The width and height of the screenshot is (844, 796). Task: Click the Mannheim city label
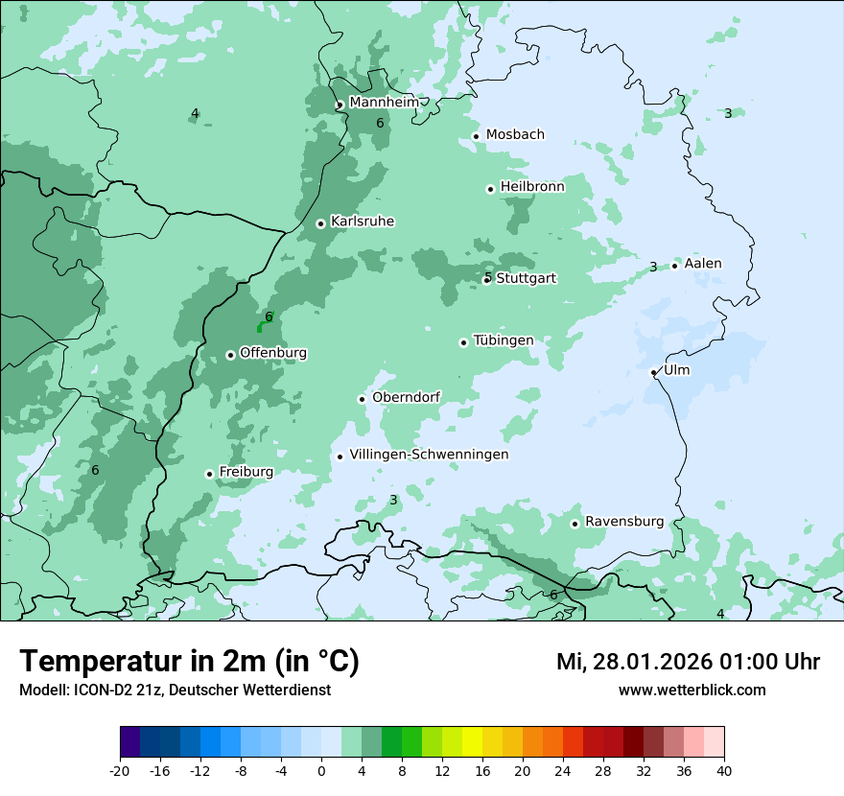(384, 102)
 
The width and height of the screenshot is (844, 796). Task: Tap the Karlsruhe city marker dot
(320, 223)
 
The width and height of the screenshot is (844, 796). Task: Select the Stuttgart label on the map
(526, 278)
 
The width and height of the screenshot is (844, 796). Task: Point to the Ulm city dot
(653, 372)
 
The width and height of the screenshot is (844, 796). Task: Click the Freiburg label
(246, 472)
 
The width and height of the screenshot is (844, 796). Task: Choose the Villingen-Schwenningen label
(429, 455)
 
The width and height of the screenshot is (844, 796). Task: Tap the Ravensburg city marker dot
(574, 524)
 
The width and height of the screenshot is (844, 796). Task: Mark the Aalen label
(702, 264)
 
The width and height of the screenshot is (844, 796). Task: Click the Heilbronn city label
(532, 187)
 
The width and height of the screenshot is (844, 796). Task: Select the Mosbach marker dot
(476, 136)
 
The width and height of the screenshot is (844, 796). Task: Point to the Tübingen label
(503, 340)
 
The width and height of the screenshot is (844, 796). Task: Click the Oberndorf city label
(406, 398)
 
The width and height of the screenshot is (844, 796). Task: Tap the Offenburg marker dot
(230, 355)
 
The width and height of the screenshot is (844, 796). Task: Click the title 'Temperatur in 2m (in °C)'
(189, 662)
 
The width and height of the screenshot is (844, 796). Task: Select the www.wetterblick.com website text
(692, 690)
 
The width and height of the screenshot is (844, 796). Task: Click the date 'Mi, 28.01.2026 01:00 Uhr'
(688, 662)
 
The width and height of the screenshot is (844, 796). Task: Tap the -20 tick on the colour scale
(120, 770)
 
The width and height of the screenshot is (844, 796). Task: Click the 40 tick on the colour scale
(723, 770)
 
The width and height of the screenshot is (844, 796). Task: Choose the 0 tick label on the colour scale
(321, 770)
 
